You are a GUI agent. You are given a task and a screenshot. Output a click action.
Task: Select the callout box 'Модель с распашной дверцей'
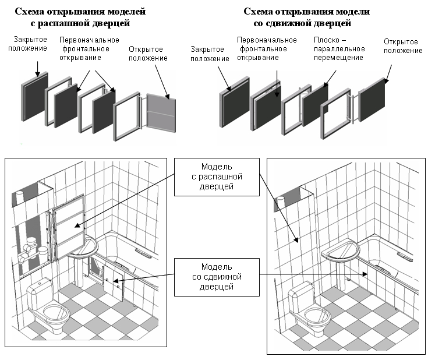(217, 177)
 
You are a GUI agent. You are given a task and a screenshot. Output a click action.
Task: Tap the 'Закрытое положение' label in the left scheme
(27, 43)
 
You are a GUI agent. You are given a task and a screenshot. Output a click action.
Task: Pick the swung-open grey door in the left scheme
(159, 113)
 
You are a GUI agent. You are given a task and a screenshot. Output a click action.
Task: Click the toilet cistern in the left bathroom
(41, 288)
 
